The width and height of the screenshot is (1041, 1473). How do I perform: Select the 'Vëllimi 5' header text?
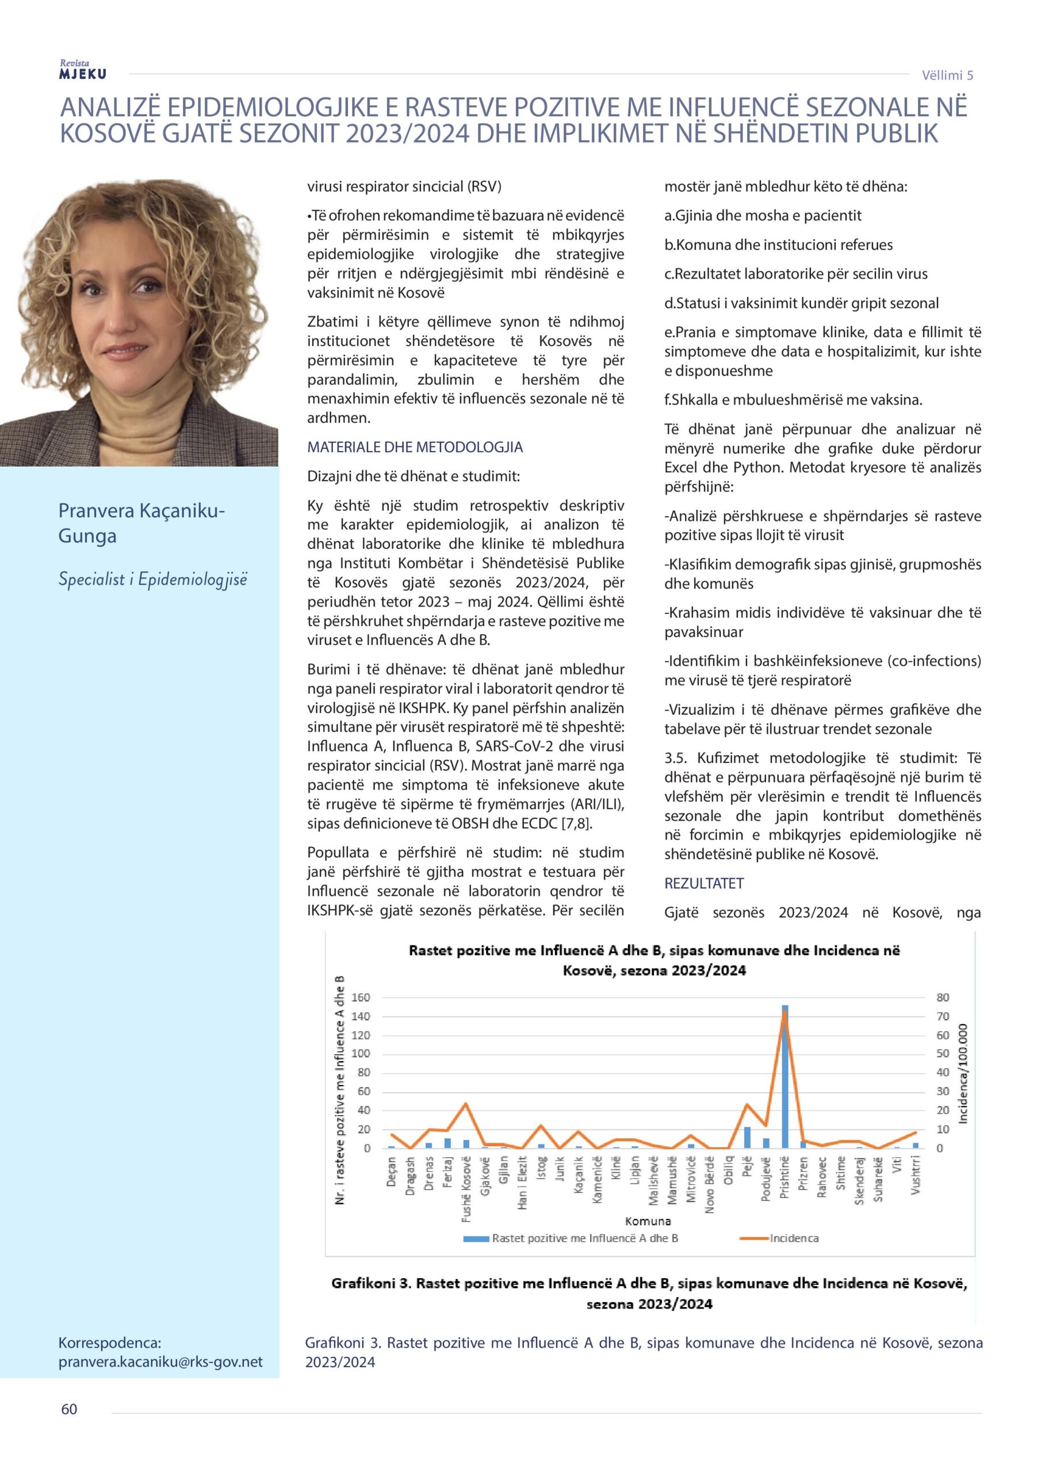(x=947, y=75)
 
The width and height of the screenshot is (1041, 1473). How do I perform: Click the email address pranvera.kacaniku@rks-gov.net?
(x=160, y=1362)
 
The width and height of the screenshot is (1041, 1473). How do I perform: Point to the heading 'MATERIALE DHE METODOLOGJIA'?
(x=415, y=447)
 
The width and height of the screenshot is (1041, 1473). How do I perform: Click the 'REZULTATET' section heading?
(x=703, y=883)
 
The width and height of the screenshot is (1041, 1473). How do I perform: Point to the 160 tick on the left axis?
(x=361, y=998)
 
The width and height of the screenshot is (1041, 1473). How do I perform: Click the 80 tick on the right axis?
(x=942, y=998)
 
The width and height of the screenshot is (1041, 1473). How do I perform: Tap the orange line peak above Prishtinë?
(x=784, y=1012)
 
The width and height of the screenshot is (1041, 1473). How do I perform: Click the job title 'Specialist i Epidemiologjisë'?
(x=152, y=579)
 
